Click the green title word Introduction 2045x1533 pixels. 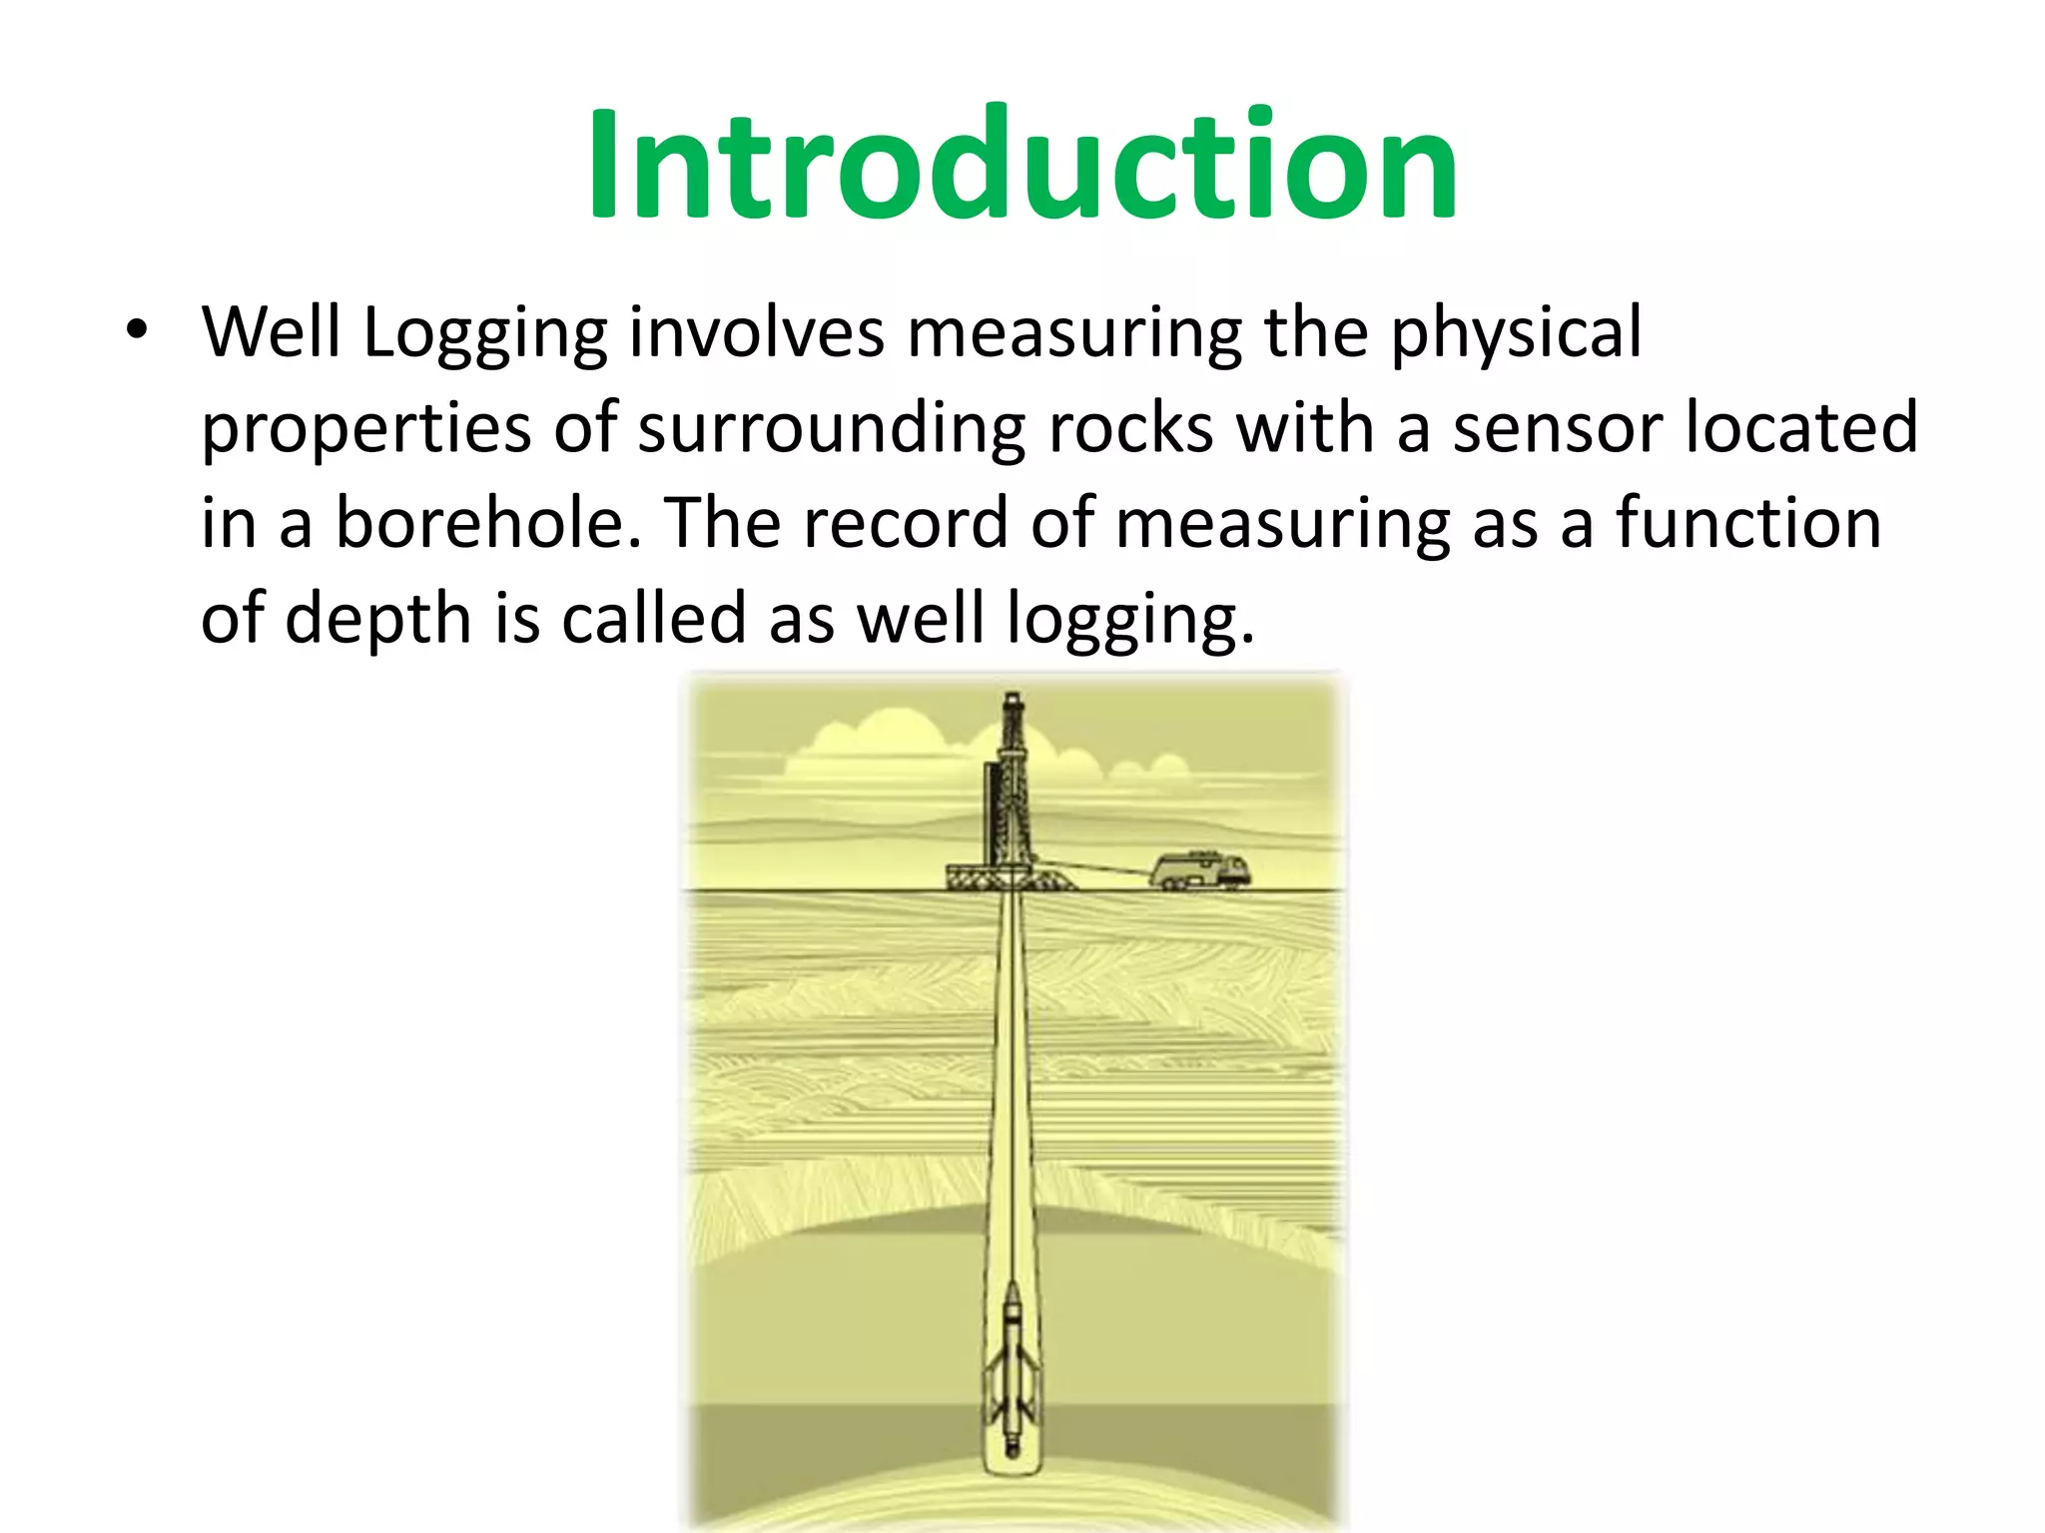1022,166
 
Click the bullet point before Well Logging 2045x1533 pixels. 137,329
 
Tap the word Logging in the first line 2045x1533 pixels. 484,334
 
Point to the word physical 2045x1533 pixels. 1516,334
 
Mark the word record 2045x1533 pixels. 905,523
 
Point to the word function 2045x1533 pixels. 1748,523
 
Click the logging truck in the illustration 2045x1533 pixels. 1199,869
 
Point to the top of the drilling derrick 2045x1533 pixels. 1012,699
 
